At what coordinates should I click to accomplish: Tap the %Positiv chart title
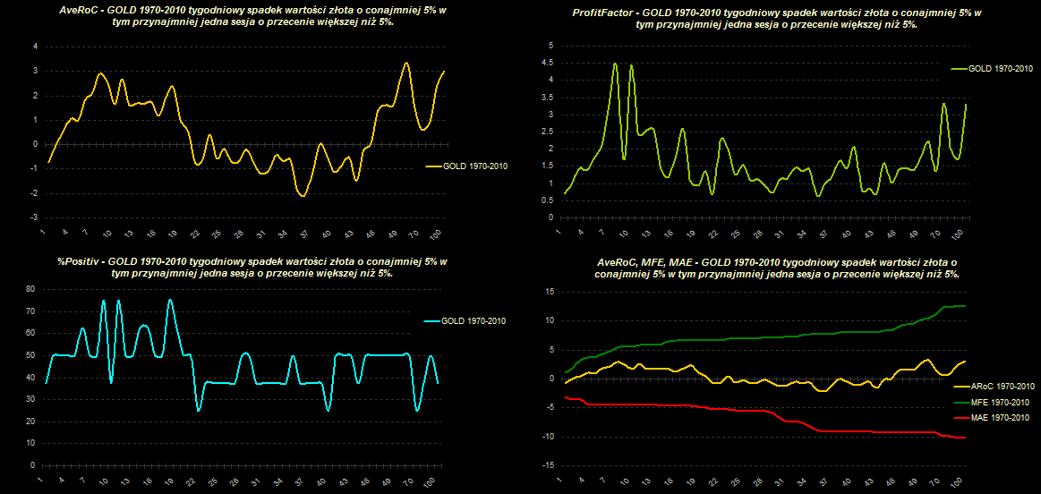click(243, 267)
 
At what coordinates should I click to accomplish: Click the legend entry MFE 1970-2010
click(1001, 402)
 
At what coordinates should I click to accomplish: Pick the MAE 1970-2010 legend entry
click(1001, 418)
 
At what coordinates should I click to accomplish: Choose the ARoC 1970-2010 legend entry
click(1001, 386)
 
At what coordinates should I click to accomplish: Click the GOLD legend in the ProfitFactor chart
click(1000, 68)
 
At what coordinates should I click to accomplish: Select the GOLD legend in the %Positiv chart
click(467, 319)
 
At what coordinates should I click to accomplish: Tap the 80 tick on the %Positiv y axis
click(30, 289)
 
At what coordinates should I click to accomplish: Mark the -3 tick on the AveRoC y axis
click(33, 217)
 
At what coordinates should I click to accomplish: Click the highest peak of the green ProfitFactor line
click(615, 64)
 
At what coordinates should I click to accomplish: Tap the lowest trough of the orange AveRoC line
click(303, 195)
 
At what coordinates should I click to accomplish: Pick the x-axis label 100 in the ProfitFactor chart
click(956, 235)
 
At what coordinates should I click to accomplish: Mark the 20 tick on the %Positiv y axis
click(30, 422)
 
